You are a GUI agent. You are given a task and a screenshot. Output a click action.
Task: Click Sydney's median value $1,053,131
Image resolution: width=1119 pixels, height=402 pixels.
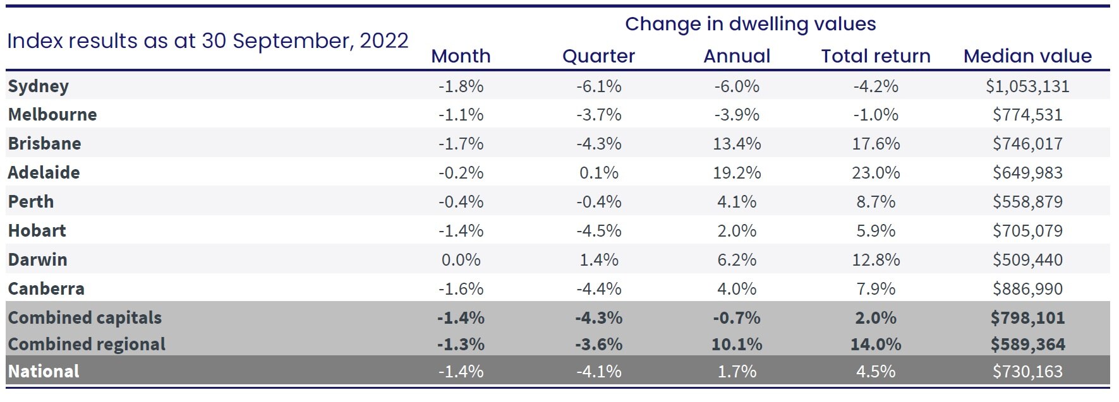[x=1027, y=86]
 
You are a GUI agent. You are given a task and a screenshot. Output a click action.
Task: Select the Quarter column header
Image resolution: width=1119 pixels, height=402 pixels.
[x=598, y=56]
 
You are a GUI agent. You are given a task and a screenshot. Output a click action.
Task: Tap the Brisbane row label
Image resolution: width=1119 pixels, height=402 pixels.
[x=45, y=143]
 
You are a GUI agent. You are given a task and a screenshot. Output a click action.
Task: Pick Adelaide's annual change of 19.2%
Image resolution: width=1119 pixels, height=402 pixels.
[x=737, y=172]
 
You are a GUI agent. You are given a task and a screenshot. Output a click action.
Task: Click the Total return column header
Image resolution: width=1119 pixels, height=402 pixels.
[x=876, y=56]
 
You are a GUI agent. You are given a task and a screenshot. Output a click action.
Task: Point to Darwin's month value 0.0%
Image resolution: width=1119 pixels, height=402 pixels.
[x=461, y=259]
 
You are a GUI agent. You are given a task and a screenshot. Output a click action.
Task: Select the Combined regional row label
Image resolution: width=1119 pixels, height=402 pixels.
[x=87, y=344]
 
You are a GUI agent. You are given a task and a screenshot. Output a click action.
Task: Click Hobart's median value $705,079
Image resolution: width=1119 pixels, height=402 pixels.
[x=1027, y=230]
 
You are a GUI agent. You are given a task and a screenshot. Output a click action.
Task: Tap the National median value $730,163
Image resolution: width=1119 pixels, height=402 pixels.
[x=1027, y=371]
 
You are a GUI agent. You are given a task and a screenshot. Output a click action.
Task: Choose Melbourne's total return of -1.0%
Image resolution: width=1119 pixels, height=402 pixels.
[x=876, y=115]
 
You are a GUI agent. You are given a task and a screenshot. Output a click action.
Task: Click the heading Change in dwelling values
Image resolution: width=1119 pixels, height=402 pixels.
[x=750, y=24]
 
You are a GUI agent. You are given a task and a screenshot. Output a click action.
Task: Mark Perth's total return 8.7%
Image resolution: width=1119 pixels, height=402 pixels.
[x=876, y=201]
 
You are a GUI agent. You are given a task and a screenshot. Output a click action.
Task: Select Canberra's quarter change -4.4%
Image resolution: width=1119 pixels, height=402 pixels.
[x=598, y=288]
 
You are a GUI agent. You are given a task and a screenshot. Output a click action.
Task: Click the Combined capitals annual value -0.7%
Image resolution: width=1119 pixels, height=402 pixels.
[x=737, y=317]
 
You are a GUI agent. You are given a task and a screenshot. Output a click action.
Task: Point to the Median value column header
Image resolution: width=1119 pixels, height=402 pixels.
[x=1027, y=56]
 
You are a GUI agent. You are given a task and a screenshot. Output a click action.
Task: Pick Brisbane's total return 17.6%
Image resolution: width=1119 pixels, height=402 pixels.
[x=876, y=143]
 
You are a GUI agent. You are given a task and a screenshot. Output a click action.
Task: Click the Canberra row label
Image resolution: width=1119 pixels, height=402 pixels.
[x=46, y=288]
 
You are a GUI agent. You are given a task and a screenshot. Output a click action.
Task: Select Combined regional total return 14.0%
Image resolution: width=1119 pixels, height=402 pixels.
[x=876, y=344]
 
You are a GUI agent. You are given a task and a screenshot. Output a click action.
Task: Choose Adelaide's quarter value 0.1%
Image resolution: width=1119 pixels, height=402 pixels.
[x=598, y=172]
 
